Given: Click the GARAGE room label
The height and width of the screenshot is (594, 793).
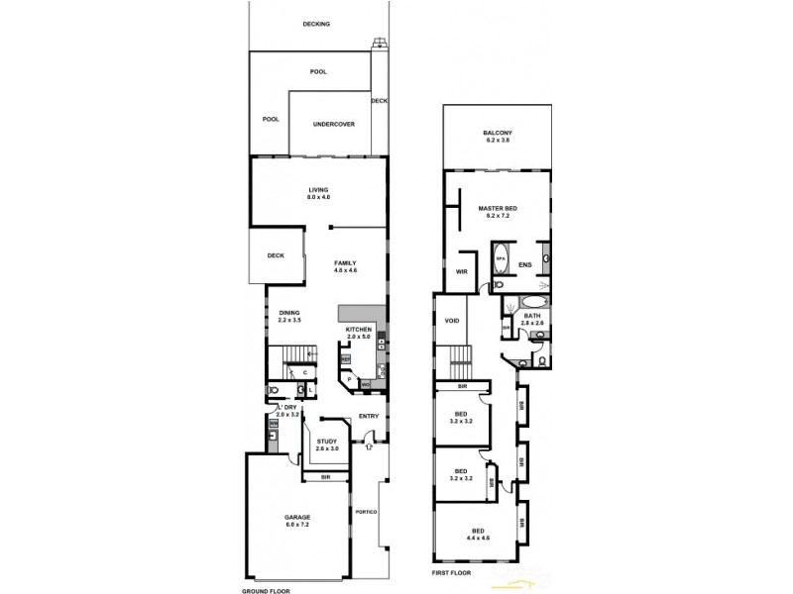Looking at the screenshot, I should pos(298,521).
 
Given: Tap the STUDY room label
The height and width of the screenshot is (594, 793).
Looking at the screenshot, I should pos(327,445).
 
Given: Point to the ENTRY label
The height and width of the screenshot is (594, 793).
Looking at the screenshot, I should pos(369,416).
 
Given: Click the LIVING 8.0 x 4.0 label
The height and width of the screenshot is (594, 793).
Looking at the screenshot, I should pos(318,194).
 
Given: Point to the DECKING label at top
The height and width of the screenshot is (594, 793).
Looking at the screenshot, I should pos(317,24).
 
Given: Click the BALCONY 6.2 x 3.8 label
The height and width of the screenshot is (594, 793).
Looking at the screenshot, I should pos(497,137).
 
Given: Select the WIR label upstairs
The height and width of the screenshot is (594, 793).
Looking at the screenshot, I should pos(462,270).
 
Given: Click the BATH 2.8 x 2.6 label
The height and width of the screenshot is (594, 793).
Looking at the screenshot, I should pos(533,320).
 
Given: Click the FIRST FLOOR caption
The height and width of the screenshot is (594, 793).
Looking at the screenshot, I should pos(452,573).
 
